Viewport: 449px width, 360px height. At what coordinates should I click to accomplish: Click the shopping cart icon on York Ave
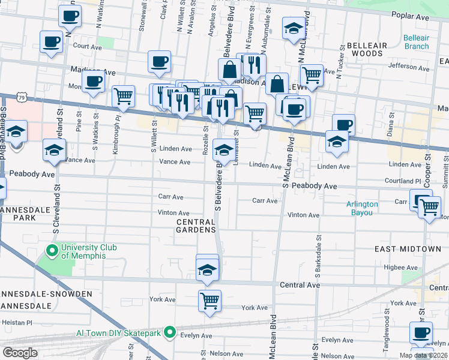[209, 300]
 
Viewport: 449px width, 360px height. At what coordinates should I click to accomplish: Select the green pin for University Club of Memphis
[52, 251]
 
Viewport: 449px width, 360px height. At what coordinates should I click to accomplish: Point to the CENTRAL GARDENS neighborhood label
[196, 226]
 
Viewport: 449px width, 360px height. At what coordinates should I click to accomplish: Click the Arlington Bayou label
[362, 208]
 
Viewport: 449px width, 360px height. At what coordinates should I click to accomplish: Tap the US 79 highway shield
[22, 96]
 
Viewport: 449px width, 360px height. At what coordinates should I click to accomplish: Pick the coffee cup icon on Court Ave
[52, 42]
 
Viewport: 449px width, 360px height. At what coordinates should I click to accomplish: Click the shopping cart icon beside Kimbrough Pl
[123, 96]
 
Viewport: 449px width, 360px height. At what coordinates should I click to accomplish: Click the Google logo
[20, 353]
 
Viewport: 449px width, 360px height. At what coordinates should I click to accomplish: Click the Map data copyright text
[423, 355]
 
